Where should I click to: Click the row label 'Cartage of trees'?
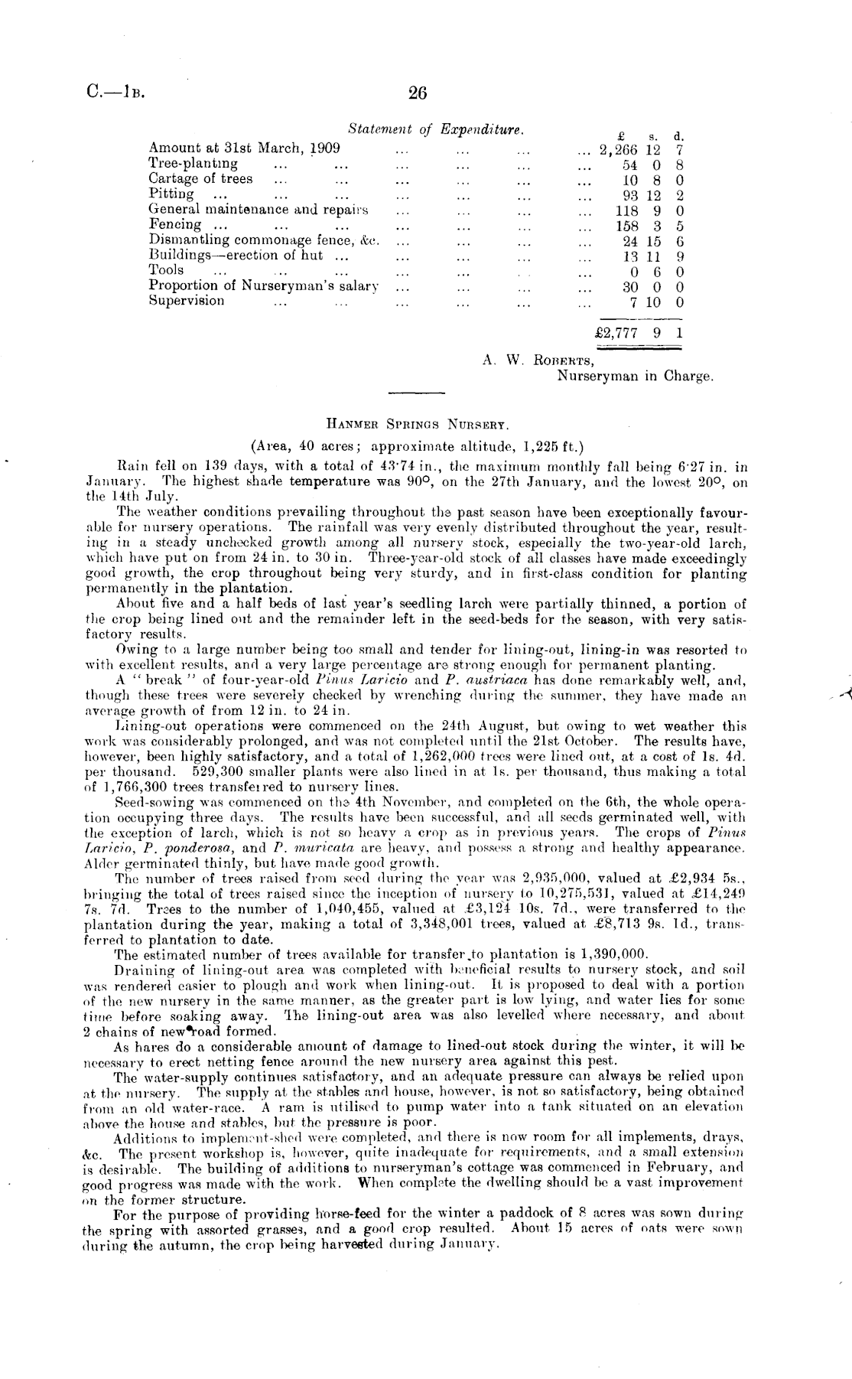click(x=200, y=179)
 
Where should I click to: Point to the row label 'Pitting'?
click(x=171, y=194)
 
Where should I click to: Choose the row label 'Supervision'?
click(x=187, y=300)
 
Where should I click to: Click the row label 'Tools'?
click(x=166, y=270)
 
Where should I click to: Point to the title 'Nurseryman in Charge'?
click(x=635, y=376)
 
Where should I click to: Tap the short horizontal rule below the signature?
click(x=417, y=393)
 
